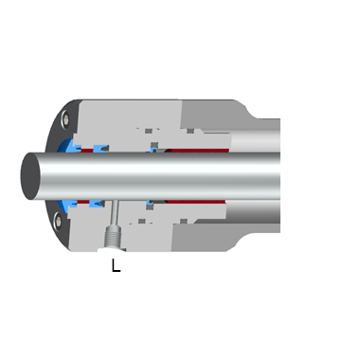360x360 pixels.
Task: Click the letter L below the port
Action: coord(116,265)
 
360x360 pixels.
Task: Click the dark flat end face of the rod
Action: coord(30,176)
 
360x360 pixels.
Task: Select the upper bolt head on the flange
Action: coord(65,119)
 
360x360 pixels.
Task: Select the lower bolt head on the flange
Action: coord(58,221)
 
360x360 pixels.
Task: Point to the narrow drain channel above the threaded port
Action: coord(115,212)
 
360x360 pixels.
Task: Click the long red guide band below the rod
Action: coord(196,202)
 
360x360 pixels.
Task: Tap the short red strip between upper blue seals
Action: coord(87,151)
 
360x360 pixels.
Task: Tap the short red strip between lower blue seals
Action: coord(82,202)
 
